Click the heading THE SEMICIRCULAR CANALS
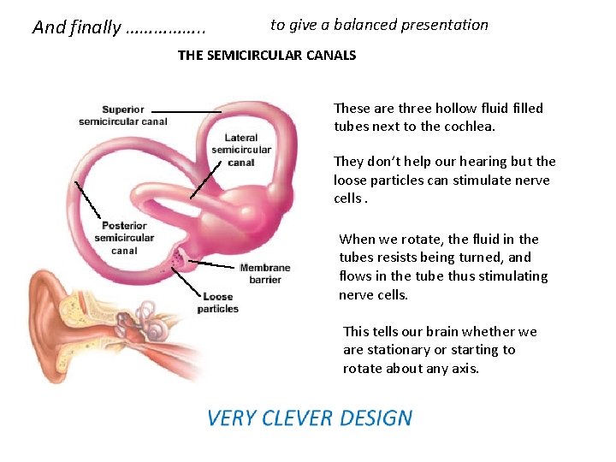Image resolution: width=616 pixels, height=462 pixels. (x=266, y=56)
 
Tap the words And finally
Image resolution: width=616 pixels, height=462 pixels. (x=76, y=27)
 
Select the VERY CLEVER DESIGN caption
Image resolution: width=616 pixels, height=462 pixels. (x=310, y=418)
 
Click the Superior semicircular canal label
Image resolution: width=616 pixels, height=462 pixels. (x=122, y=115)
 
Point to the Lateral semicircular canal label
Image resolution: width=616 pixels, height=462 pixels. (x=240, y=150)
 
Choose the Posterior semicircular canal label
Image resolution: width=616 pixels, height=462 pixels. (x=124, y=238)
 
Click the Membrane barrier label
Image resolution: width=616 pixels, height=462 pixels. (x=264, y=274)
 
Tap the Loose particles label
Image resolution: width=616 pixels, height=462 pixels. (x=217, y=303)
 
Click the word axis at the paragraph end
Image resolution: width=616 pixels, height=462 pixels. (x=462, y=369)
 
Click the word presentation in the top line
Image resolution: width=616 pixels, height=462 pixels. (x=447, y=25)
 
